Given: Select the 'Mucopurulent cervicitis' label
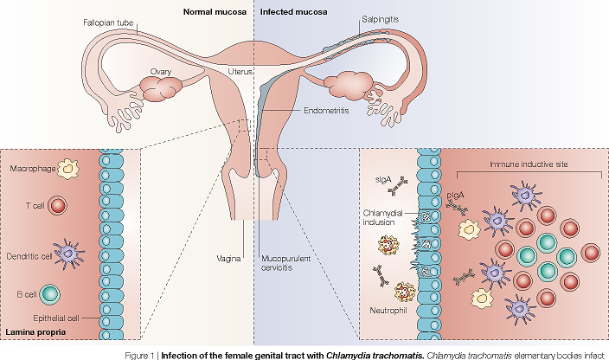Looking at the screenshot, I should [286, 263].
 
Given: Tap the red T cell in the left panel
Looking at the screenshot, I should [58, 206].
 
